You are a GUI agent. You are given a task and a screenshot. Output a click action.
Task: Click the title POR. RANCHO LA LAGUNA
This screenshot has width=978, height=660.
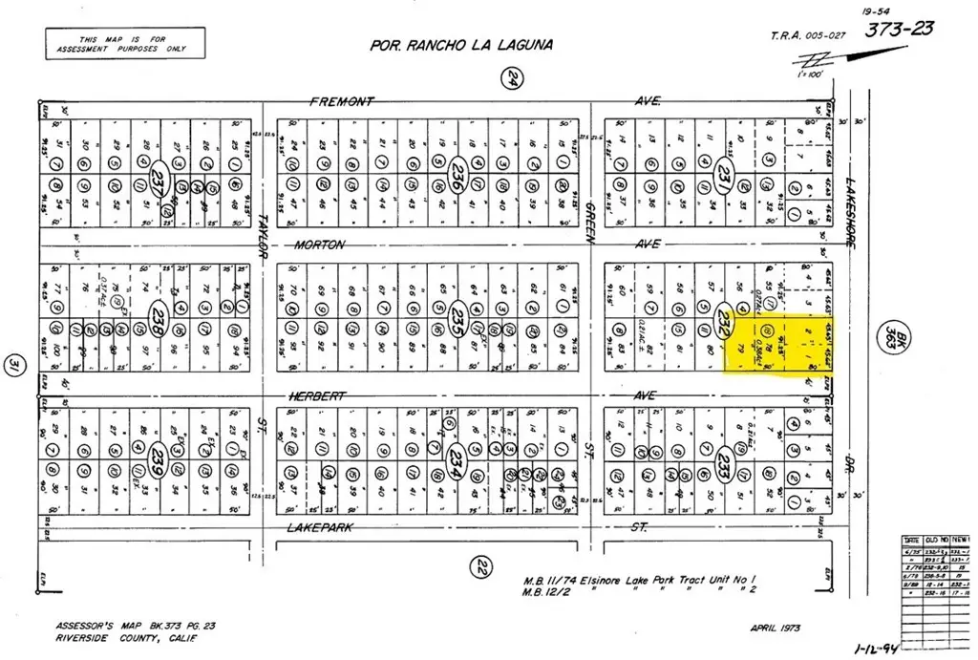[x=461, y=45]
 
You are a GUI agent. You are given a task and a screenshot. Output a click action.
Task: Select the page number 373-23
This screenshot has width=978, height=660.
[x=900, y=30]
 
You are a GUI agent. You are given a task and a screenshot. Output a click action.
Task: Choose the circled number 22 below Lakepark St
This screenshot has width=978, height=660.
[x=483, y=567]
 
